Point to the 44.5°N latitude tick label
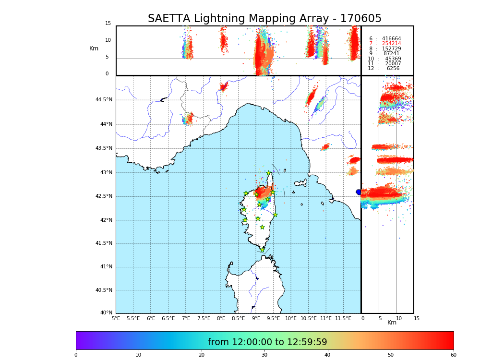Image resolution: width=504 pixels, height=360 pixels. click(x=104, y=100)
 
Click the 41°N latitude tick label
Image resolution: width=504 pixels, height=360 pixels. click(x=105, y=267)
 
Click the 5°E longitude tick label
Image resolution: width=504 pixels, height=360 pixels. click(x=116, y=318)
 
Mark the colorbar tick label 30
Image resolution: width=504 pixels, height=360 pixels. click(x=264, y=355)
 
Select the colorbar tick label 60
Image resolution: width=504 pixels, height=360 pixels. click(x=453, y=355)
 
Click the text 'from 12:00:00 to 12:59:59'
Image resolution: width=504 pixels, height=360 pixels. click(x=267, y=342)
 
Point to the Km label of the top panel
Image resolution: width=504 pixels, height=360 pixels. click(x=94, y=48)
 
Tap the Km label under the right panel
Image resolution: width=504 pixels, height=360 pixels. click(x=392, y=323)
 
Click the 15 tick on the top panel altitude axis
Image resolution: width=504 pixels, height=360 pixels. click(x=108, y=24)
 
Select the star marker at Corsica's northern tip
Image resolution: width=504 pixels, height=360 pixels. click(x=269, y=173)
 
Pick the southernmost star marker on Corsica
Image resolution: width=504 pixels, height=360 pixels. click(x=262, y=250)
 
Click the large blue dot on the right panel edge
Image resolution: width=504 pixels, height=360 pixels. click(x=359, y=192)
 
